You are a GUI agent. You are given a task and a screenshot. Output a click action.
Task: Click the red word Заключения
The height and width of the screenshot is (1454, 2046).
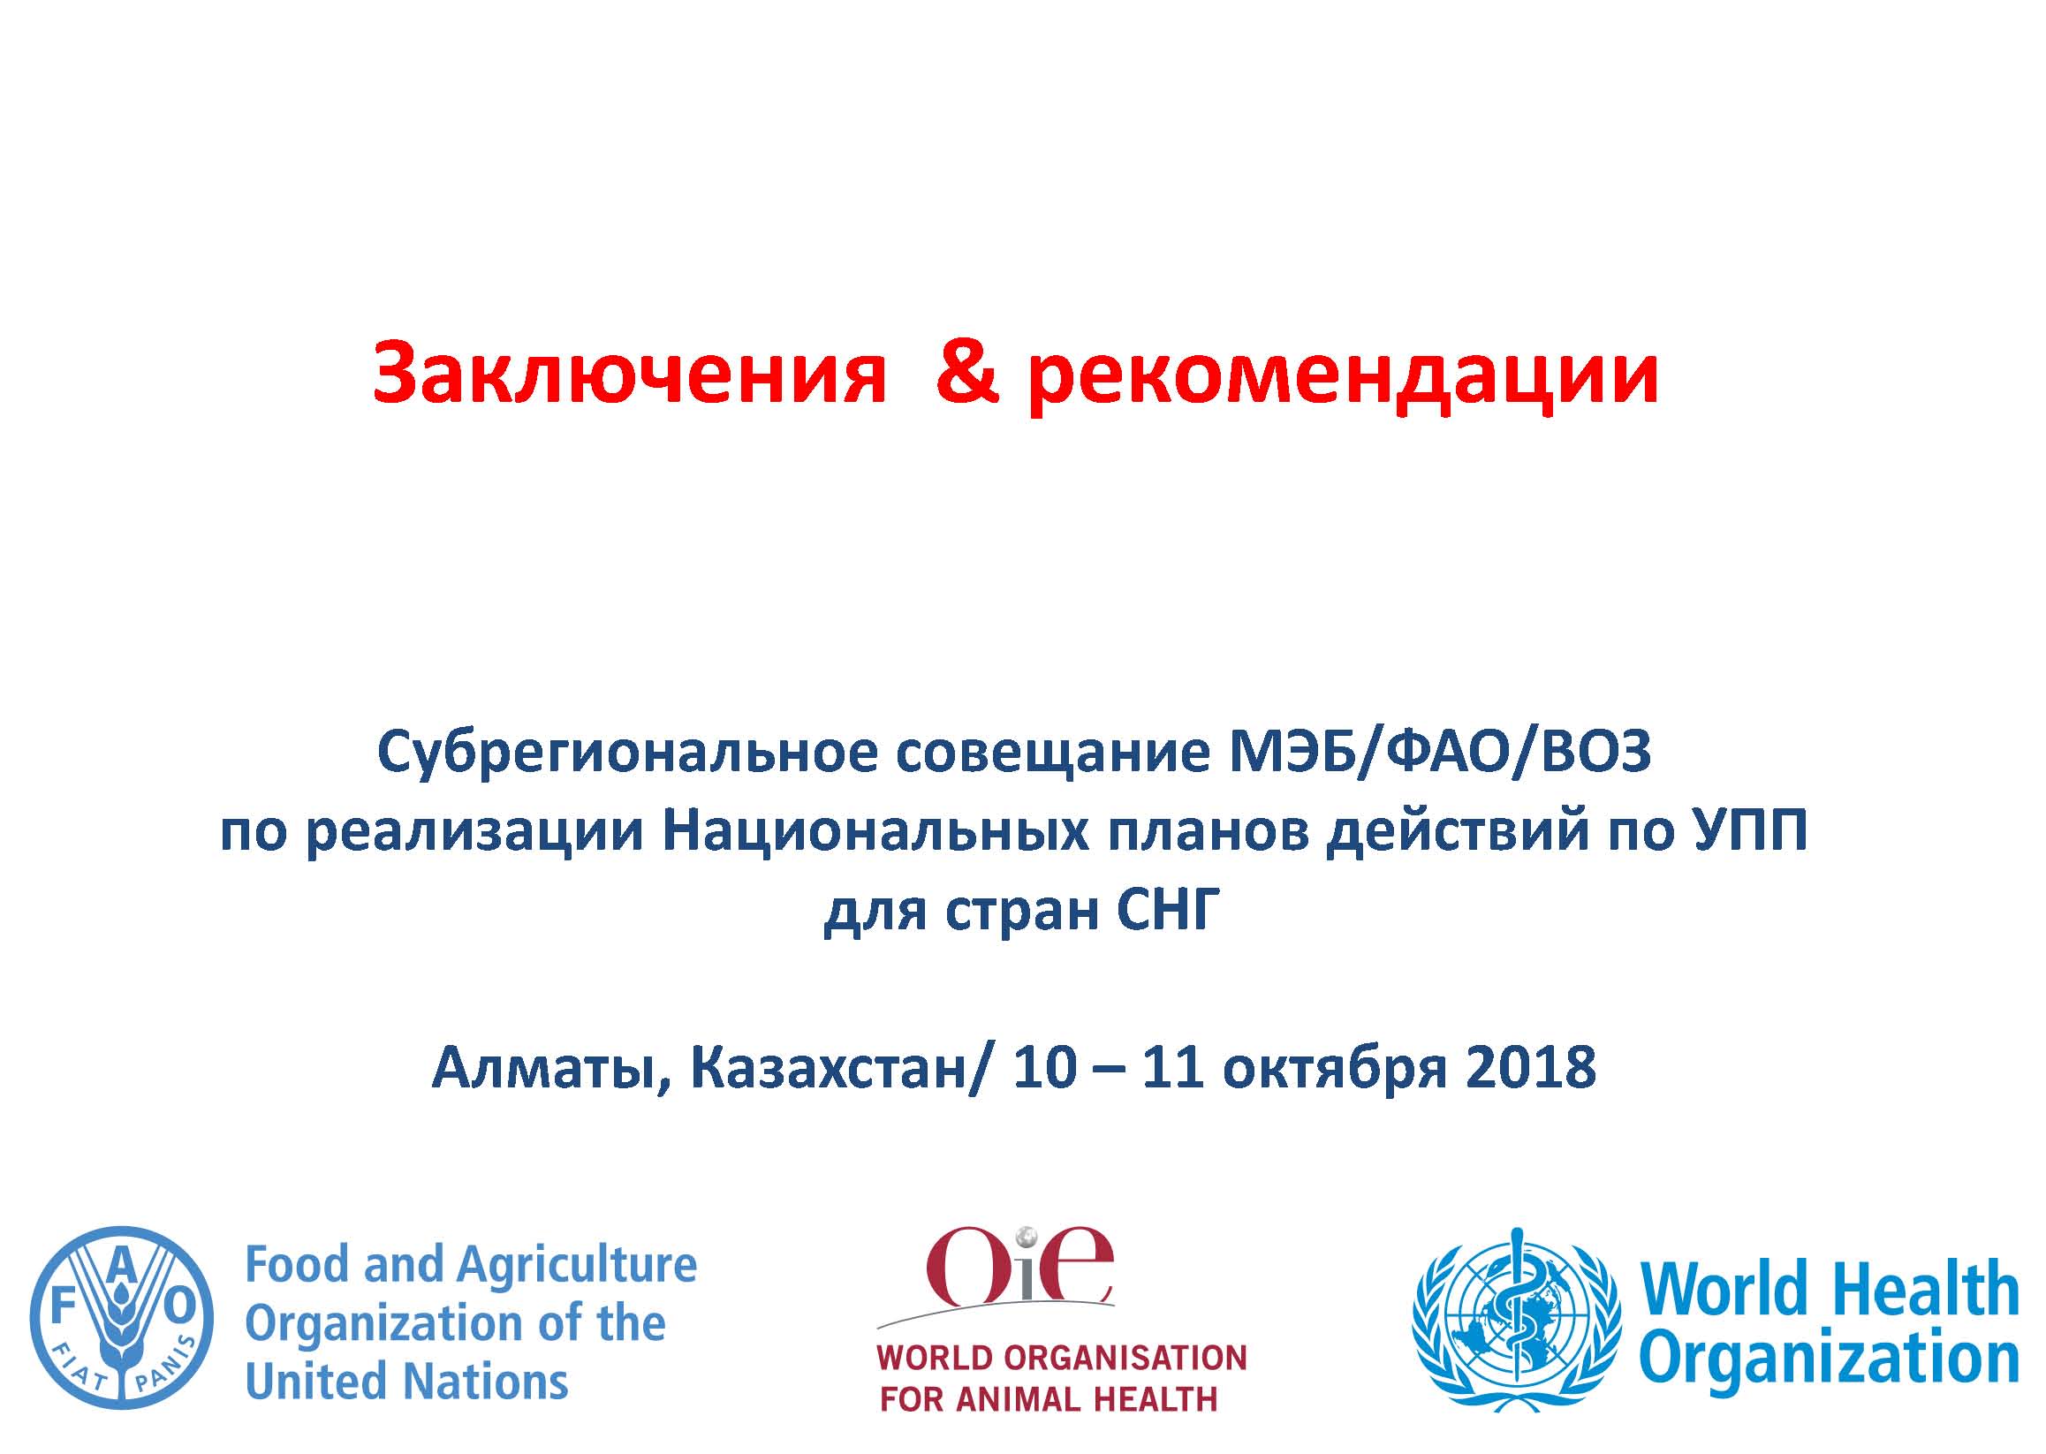click(x=629, y=374)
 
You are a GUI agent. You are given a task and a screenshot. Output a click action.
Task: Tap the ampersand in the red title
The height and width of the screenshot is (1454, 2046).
click(x=967, y=372)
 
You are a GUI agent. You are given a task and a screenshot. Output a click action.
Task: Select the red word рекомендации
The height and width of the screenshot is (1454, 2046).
click(x=1343, y=376)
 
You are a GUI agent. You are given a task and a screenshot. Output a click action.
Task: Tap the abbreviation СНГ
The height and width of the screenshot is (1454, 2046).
click(x=1169, y=911)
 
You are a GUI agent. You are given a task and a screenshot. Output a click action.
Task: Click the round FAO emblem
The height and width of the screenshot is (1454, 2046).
click(x=122, y=1318)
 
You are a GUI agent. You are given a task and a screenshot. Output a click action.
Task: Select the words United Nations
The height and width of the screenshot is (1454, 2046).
click(x=406, y=1382)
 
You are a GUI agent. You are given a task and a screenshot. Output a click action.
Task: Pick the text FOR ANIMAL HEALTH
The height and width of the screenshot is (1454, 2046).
click(x=1049, y=1399)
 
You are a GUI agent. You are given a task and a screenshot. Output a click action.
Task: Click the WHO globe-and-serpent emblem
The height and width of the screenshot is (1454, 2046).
click(x=1516, y=1319)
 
